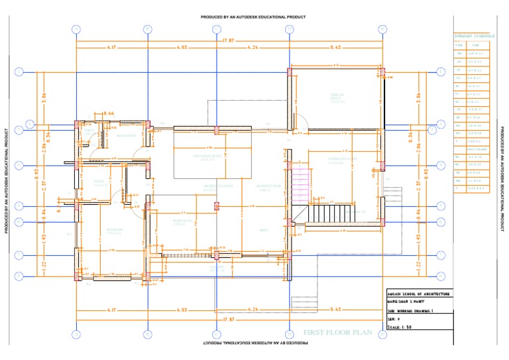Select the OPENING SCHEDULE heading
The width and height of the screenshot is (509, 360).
475,35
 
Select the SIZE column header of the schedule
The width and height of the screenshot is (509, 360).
475,44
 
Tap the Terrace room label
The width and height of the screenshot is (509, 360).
337,97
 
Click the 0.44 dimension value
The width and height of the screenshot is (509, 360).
109,114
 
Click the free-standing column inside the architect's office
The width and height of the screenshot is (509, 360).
216,206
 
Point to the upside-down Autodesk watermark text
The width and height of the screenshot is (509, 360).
253,343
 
